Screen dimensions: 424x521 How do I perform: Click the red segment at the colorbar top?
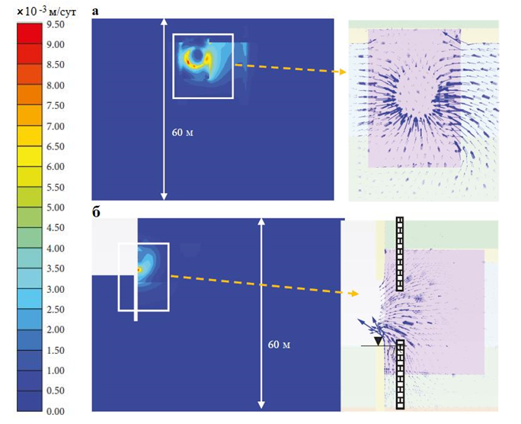[27, 33]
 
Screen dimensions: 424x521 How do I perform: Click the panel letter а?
[94, 11]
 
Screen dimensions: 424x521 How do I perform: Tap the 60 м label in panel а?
[183, 132]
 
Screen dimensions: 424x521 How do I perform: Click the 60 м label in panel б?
[280, 345]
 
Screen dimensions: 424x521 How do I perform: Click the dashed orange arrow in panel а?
[289, 69]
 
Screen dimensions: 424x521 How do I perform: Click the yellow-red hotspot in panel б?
[139, 269]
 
